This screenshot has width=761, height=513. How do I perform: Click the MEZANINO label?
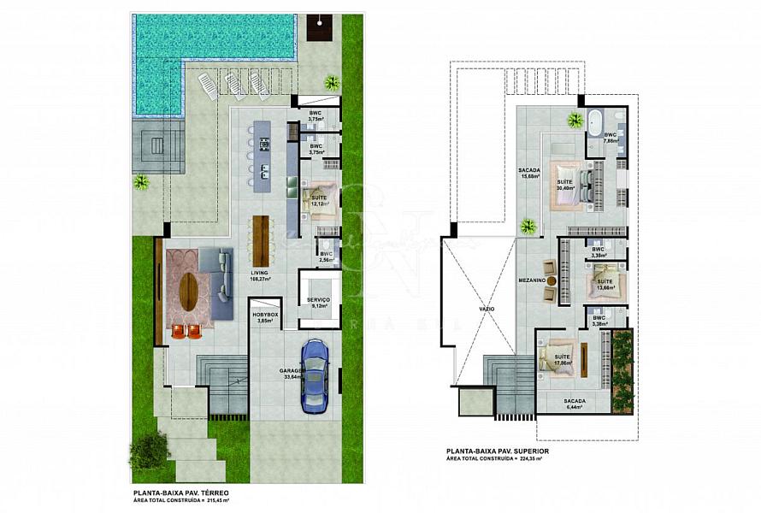[532, 279]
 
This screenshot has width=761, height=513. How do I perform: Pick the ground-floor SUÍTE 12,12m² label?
[317, 201]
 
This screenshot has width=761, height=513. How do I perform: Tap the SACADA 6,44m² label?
[575, 404]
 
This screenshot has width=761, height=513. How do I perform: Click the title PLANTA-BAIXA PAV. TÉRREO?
[180, 493]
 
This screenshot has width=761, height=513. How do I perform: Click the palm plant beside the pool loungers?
[331, 83]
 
